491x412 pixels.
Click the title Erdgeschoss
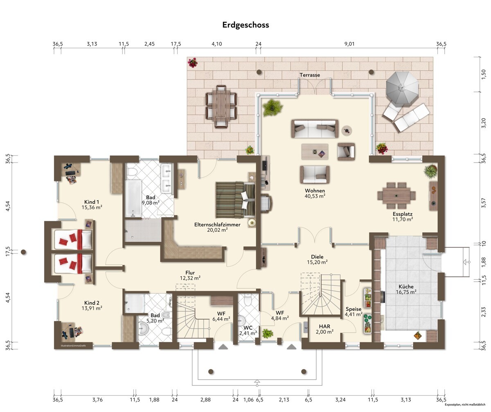coord(245,25)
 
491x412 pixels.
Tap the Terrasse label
coord(310,75)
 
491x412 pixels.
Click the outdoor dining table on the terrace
coord(221,106)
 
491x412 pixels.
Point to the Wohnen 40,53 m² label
coord(315,193)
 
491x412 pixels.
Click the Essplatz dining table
coord(396,195)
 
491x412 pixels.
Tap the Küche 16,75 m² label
coord(406,289)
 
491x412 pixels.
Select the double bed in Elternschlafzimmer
coord(235,199)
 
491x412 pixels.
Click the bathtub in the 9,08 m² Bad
coord(133,198)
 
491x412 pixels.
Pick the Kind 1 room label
coord(92,205)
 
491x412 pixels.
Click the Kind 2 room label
coord(92,306)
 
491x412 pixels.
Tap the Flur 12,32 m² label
coord(190,275)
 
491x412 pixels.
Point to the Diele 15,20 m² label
coord(317,259)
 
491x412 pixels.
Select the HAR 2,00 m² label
coord(324,329)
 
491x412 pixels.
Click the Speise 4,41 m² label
coord(354,312)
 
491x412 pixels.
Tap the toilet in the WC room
coord(248,300)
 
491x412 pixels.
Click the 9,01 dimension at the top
coord(349,44)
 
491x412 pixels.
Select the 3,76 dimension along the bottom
coord(97,400)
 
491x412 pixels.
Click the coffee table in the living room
coord(315,152)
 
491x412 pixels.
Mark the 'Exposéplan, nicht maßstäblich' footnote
coord(465,405)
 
